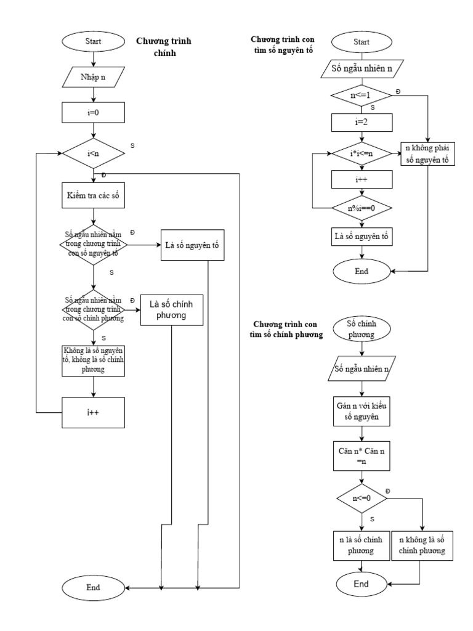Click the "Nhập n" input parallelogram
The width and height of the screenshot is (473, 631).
coord(93,77)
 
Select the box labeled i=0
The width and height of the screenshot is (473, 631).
coord(93,112)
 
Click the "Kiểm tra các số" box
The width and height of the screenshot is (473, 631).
coord(93,197)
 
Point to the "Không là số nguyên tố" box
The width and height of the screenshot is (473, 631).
coord(93,359)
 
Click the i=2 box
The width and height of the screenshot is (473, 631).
coord(361,123)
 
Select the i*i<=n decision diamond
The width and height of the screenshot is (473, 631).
coord(361,152)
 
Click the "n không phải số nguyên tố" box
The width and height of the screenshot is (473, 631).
coord(427,154)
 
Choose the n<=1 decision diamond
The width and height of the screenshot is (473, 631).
coord(361,96)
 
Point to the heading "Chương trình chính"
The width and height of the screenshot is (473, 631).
coord(164,47)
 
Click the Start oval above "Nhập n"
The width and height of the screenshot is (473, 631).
coord(93,42)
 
